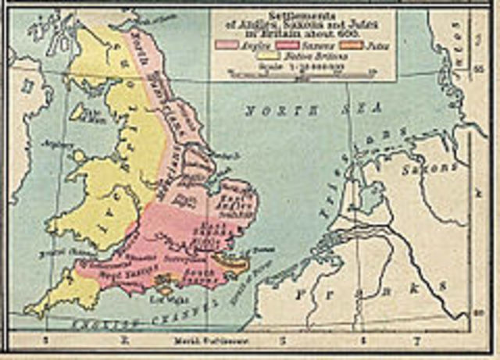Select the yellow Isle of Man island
pos(78,112)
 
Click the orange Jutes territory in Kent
pos(231,264)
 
